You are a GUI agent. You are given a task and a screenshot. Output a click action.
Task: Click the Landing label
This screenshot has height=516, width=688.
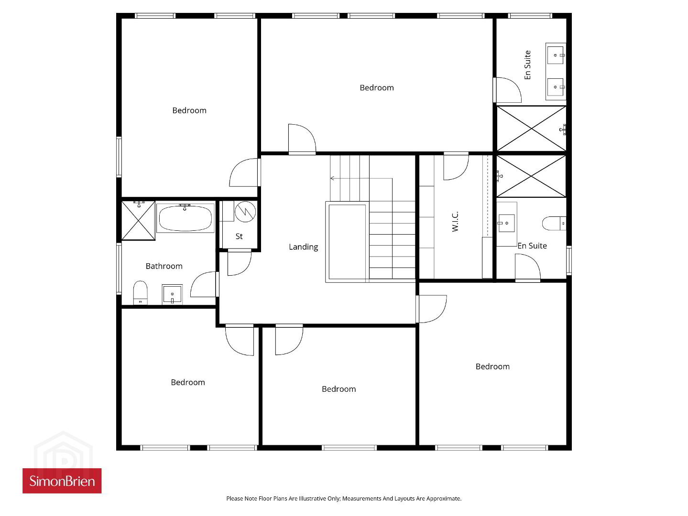click(x=303, y=247)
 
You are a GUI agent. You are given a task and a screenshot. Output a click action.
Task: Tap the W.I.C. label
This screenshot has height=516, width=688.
click(x=455, y=221)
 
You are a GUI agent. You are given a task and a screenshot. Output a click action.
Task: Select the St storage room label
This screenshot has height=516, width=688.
click(x=239, y=236)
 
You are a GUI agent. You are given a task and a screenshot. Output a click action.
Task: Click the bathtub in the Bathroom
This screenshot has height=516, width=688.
click(x=185, y=218)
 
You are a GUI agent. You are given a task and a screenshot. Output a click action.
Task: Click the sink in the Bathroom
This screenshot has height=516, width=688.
click(x=172, y=294)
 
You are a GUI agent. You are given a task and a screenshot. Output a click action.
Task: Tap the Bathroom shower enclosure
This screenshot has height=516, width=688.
click(x=138, y=221)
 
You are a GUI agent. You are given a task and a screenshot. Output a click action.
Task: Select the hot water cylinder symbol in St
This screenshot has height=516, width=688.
click(x=245, y=212)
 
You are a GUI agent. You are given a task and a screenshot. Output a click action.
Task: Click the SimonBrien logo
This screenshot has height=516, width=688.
click(x=62, y=481)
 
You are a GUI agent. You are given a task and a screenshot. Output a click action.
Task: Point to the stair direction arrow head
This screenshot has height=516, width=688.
click(x=332, y=179)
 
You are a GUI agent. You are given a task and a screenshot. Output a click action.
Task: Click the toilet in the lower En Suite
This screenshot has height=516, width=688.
click(x=554, y=223)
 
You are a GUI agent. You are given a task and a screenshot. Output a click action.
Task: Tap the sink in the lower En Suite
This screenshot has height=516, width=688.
click(x=506, y=223)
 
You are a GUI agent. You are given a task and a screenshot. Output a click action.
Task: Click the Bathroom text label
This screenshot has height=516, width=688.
click(x=164, y=266)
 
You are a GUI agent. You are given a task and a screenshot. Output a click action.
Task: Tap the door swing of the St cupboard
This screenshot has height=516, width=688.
click(x=240, y=263)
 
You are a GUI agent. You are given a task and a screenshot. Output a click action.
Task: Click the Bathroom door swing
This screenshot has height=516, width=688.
click(x=203, y=284)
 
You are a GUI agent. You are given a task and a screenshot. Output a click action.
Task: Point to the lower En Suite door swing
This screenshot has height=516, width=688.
click(x=528, y=266)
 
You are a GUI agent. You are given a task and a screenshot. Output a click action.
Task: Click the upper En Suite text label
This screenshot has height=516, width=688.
click(x=527, y=65)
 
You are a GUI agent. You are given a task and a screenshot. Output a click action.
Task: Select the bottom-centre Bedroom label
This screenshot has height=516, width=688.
click(x=339, y=389)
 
